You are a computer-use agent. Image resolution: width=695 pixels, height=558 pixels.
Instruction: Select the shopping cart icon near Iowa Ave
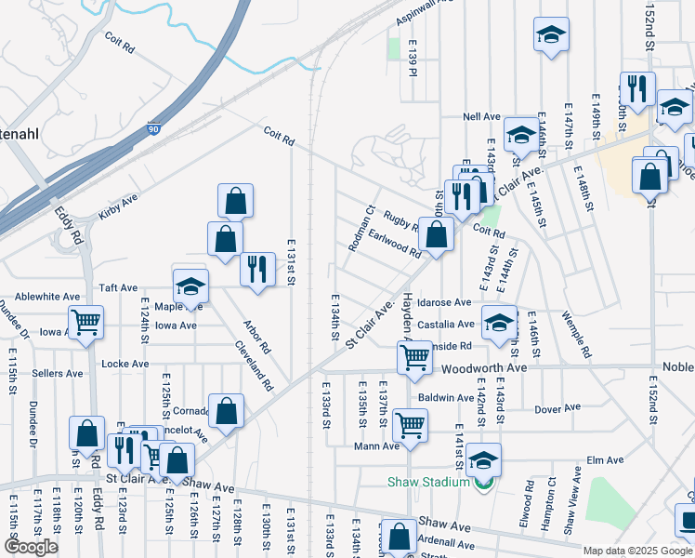pyautogui.click(x=86, y=323)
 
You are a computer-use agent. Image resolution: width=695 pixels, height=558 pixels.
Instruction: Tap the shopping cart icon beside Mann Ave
pyautogui.click(x=410, y=425)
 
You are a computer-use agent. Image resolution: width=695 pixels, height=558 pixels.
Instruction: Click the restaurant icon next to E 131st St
pyautogui.click(x=257, y=269)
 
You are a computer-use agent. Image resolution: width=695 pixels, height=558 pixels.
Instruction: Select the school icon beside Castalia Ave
pyautogui.click(x=500, y=323)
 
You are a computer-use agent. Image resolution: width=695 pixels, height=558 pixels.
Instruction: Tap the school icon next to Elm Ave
pyautogui.click(x=483, y=459)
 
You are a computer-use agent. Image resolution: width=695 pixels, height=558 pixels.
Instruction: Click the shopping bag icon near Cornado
pyautogui.click(x=226, y=410)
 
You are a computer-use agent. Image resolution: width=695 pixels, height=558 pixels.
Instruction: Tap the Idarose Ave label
pyautogui.click(x=444, y=302)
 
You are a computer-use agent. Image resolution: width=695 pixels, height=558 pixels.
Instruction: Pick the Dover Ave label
pyautogui.click(x=557, y=407)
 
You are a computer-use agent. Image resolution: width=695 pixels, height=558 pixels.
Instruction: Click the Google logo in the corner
pyautogui.click(x=31, y=547)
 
